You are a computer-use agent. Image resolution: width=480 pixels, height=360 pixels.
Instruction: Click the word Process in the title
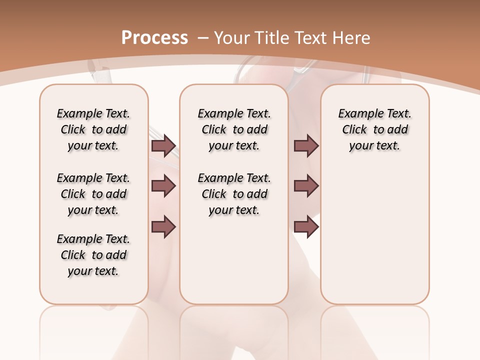point(154,37)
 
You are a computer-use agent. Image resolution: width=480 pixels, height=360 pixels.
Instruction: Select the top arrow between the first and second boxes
point(163,145)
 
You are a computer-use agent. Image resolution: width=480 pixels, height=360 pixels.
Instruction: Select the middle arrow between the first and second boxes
point(163,186)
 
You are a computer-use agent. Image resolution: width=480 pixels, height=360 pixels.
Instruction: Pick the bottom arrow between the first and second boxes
point(163,226)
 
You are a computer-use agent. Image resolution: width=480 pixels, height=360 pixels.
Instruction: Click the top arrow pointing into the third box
point(306,145)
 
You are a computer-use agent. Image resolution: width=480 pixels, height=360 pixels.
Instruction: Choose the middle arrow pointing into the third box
point(306,186)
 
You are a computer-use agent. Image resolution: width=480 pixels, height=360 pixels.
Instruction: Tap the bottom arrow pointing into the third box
point(306,226)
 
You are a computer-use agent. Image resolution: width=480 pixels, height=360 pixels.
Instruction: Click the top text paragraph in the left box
point(93,129)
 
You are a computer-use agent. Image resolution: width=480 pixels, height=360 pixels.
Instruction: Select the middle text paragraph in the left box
point(93,194)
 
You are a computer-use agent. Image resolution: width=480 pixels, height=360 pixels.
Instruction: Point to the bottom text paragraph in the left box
point(93,255)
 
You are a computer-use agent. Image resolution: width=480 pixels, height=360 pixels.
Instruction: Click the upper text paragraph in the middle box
point(234,129)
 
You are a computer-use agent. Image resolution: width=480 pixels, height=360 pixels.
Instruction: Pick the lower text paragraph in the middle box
point(234,194)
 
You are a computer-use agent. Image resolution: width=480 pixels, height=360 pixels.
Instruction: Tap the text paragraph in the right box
point(374,129)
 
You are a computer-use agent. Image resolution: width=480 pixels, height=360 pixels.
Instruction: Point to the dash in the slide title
point(203,37)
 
